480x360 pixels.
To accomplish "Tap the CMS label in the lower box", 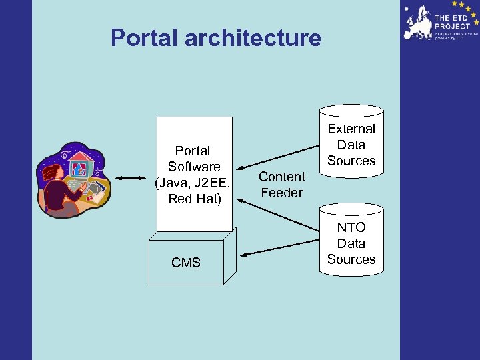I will click(x=186, y=263).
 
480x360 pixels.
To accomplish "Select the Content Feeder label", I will click(x=281, y=185).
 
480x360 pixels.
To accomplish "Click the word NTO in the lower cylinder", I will click(x=351, y=227).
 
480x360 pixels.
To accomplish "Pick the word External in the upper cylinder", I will click(x=351, y=129).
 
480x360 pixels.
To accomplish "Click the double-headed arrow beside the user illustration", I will click(x=131, y=178).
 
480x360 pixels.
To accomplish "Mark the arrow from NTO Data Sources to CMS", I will click(x=280, y=245).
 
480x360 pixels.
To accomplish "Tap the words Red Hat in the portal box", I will click(x=195, y=199).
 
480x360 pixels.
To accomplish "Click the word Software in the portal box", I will click(x=194, y=167).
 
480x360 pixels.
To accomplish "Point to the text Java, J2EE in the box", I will click(x=194, y=183).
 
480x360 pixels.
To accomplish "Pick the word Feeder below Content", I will click(x=281, y=193).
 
